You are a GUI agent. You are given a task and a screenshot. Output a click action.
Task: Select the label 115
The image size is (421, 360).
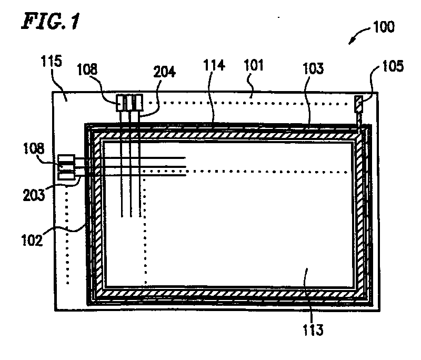click(x=51, y=62)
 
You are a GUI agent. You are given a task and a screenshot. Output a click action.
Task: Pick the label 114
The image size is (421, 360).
click(x=214, y=67)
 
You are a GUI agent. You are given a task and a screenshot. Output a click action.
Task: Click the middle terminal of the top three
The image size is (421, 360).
click(x=129, y=102)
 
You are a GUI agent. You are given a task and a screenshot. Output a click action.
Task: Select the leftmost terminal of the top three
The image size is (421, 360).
click(x=121, y=102)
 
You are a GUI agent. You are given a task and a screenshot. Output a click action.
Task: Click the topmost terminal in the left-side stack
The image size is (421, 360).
click(x=67, y=159)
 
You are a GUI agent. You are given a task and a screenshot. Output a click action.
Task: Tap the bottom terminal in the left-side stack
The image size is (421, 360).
click(x=67, y=176)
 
